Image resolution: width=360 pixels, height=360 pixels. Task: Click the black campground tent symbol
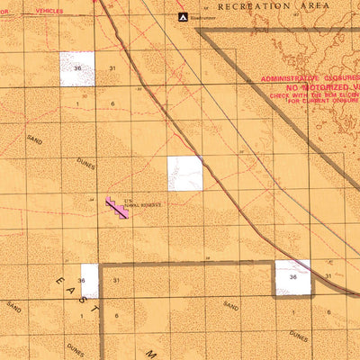(183, 16)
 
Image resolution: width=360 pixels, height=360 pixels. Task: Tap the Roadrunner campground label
(205, 16)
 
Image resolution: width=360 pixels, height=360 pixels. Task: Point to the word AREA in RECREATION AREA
(315, 5)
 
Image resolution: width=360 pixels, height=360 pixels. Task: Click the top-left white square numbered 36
(77, 69)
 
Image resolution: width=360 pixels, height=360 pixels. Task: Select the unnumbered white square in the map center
(184, 173)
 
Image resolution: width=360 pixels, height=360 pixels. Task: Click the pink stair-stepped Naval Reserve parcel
(116, 208)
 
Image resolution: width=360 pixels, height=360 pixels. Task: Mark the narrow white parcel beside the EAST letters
(89, 281)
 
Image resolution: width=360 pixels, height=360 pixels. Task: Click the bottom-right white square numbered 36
(293, 277)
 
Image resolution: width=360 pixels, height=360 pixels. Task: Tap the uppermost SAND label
(35, 141)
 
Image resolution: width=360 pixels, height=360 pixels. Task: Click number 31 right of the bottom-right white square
(328, 276)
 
